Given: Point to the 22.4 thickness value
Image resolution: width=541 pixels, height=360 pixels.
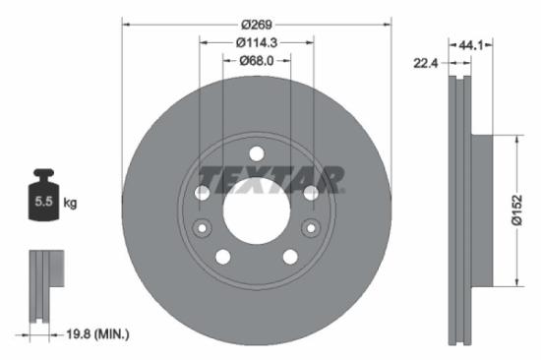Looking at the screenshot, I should tap(424, 63).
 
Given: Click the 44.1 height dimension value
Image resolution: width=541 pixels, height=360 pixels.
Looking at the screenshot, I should tap(471, 43).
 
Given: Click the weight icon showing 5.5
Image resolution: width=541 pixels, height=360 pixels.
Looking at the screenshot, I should tap(44, 201).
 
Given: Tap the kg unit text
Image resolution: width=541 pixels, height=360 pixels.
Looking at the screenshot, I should tap(70, 203).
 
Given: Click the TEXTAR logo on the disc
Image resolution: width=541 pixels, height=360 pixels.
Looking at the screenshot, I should tap(271, 179).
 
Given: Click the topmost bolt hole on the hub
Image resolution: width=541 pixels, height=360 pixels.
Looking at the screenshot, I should tap(257, 153).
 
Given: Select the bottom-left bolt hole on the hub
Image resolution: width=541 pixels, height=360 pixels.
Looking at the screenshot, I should tap(223, 257).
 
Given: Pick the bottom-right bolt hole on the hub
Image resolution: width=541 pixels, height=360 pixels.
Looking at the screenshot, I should tap(290, 257).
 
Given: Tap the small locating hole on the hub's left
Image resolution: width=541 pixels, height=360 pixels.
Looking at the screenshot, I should tap(203, 229).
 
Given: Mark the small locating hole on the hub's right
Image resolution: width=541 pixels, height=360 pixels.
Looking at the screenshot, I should tap(311, 229).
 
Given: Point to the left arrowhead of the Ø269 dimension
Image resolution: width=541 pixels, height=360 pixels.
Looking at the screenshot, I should tap(126, 24).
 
